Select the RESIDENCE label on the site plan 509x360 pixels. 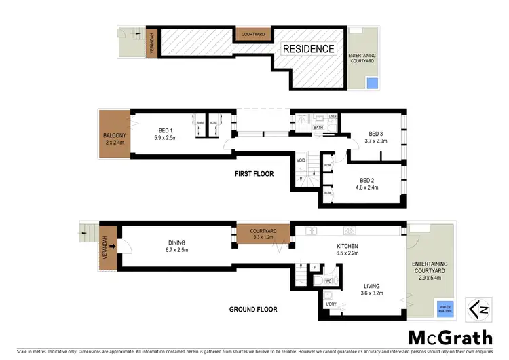(309, 49)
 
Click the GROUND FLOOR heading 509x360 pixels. (252, 310)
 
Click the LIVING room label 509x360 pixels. (371, 289)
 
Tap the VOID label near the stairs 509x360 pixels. (301, 160)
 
